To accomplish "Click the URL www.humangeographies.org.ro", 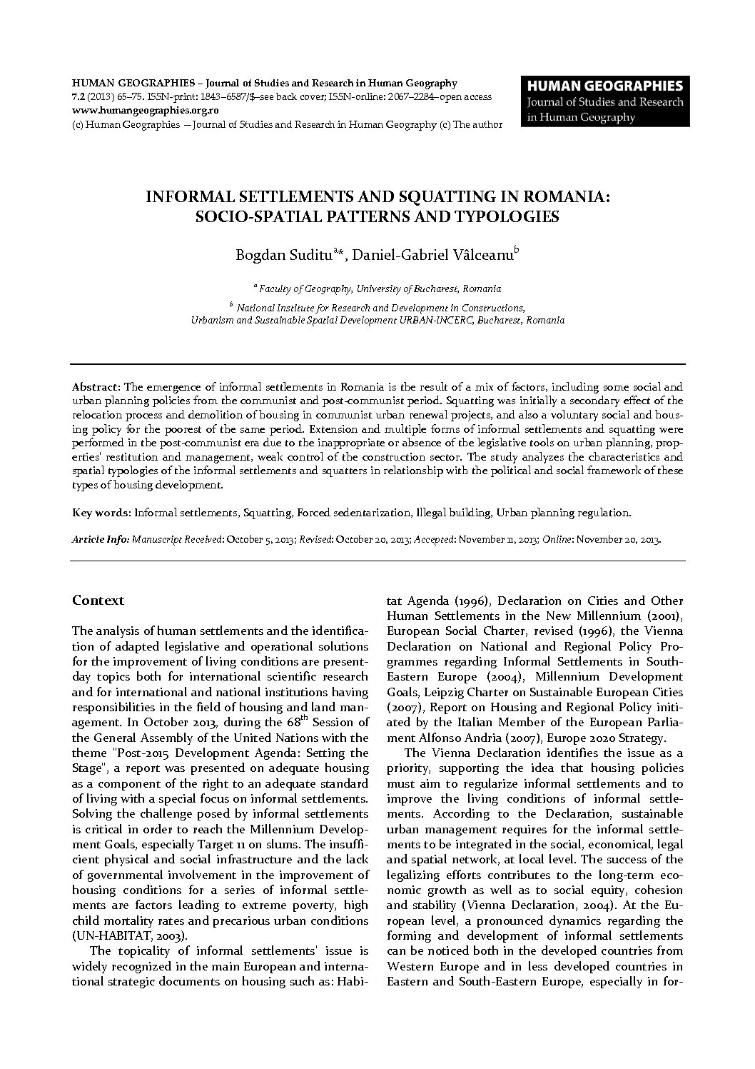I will click(146, 111).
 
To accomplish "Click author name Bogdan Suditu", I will click(288, 257).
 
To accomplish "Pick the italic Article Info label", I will click(100, 539).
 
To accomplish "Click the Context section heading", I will click(98, 601).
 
